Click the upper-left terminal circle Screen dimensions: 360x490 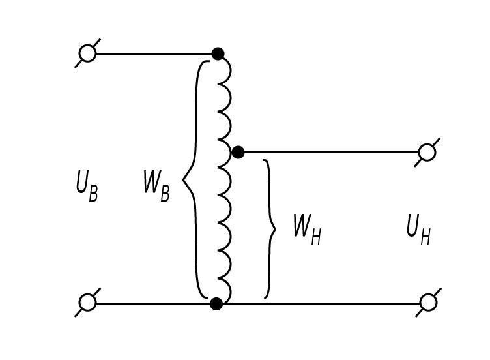(x=87, y=53)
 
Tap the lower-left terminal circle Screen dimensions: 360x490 (x=87, y=303)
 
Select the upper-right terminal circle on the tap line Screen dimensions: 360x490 (x=427, y=153)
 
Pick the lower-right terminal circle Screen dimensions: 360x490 (x=427, y=303)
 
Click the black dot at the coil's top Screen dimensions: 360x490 (x=218, y=53)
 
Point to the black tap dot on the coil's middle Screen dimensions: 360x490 (x=238, y=153)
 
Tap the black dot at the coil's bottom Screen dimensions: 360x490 (x=216, y=303)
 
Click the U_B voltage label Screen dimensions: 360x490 (x=87, y=187)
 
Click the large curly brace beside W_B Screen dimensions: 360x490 (x=191, y=178)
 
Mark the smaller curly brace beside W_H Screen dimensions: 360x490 (x=269, y=228)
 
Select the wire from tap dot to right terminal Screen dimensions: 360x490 (x=332, y=153)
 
